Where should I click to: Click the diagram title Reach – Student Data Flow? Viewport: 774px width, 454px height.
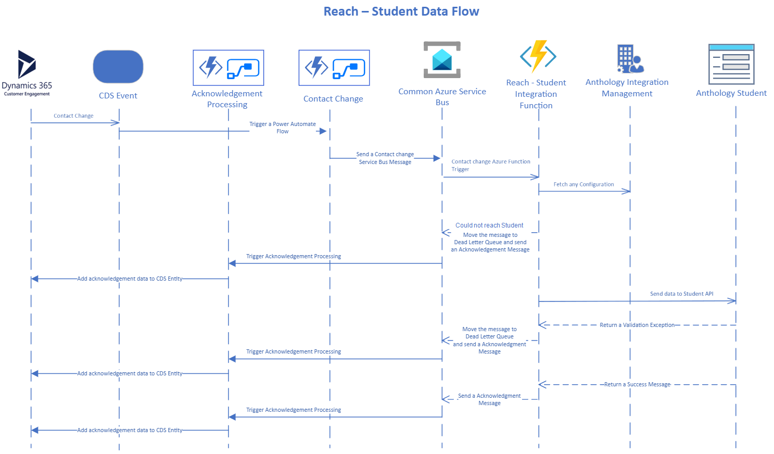coord(401,11)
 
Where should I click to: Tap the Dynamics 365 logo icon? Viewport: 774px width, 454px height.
coord(27,64)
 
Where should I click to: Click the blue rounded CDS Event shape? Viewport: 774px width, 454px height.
coord(118,67)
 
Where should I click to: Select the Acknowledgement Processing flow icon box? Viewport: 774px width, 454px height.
coord(229,68)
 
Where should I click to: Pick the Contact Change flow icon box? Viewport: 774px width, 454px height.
coord(334,68)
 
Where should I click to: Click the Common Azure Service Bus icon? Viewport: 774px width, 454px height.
coord(442,59)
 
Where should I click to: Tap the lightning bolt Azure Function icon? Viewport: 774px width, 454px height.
coord(538,56)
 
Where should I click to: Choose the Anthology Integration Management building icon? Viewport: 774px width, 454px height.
coord(630,59)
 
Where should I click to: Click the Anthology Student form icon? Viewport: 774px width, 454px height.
coord(731,64)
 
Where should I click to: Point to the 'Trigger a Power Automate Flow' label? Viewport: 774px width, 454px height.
coord(283,128)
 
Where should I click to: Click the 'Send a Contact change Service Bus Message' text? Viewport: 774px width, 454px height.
coord(385,158)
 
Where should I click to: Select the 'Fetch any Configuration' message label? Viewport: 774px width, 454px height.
coord(583,184)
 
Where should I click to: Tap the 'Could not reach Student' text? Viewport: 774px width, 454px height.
coord(489,225)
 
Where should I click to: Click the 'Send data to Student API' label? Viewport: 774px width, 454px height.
coord(682,294)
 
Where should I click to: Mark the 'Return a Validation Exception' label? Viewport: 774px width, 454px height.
coord(637,325)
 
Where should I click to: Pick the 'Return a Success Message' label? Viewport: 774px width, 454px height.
coord(638,384)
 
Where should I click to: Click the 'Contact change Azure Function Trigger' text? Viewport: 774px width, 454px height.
coord(491,165)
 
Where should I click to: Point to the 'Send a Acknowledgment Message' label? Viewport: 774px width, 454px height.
coord(489,399)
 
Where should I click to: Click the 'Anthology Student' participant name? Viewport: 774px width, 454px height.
coord(731,93)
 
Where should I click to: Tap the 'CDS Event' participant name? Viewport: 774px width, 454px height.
coord(118,95)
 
